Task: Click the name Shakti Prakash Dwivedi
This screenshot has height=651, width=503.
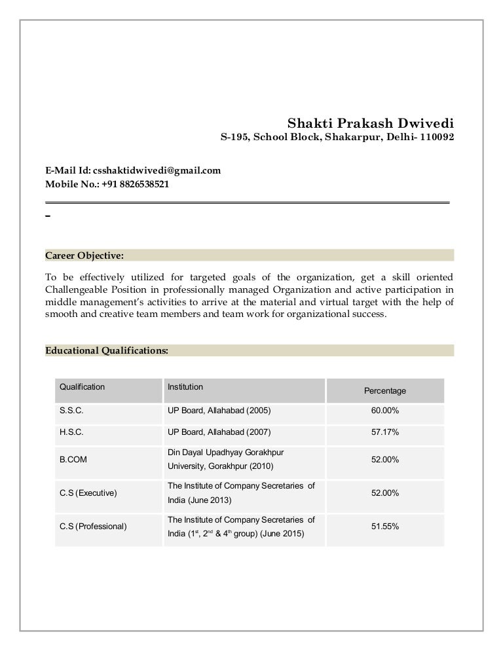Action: pos(371,123)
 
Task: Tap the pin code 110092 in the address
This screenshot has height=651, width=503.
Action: pos(437,138)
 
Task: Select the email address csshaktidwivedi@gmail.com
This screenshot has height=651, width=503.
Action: pos(157,171)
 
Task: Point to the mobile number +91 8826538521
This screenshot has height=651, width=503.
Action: pos(136,185)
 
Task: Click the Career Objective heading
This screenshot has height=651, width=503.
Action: pos(84,255)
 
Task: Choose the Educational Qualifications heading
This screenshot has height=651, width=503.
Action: pos(107,350)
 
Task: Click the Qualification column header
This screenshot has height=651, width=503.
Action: pos(82,387)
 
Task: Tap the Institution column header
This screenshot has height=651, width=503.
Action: pos(185,387)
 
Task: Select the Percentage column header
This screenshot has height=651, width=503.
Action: pos(385,391)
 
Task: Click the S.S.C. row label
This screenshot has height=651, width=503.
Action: pos(71,411)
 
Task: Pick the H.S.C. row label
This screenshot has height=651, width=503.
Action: pos(71,432)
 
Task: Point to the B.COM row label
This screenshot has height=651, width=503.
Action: pos(73,460)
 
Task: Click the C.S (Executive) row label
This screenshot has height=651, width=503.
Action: pos(88,493)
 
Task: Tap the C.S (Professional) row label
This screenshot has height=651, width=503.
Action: pos(93,527)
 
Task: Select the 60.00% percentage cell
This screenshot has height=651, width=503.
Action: pos(385,411)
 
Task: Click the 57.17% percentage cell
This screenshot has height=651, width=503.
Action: pos(385,432)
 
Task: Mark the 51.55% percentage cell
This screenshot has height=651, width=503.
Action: pos(385,527)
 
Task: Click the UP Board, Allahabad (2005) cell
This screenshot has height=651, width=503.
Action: pos(219,411)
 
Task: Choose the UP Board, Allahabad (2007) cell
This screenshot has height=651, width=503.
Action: pos(219,432)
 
